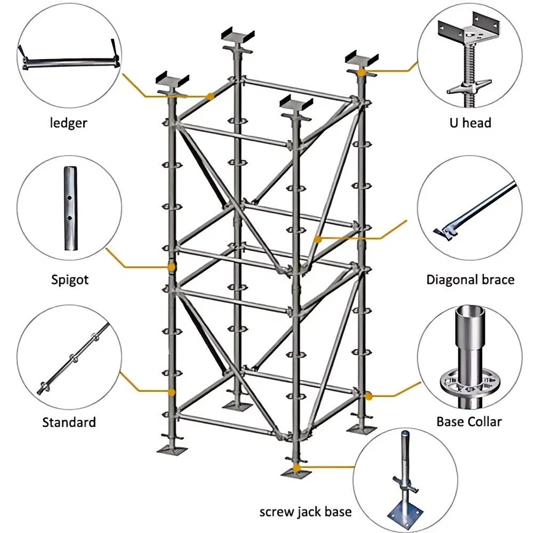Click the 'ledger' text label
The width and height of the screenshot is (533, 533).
[68, 123]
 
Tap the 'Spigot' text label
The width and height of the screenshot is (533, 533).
[70, 279]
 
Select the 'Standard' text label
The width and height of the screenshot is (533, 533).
[69, 422]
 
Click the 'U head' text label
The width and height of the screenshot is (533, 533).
[469, 123]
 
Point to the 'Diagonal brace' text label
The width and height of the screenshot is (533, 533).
[470, 279]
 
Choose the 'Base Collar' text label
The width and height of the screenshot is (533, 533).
[469, 422]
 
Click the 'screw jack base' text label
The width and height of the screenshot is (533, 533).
[305, 512]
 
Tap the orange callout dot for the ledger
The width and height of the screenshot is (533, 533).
[211, 96]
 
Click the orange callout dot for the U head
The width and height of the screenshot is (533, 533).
[361, 71]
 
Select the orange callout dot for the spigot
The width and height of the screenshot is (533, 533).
[171, 266]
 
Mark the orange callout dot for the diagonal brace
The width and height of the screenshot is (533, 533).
[318, 239]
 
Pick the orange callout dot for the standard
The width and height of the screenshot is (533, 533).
[171, 392]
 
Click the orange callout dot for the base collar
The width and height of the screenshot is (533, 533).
[368, 395]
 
